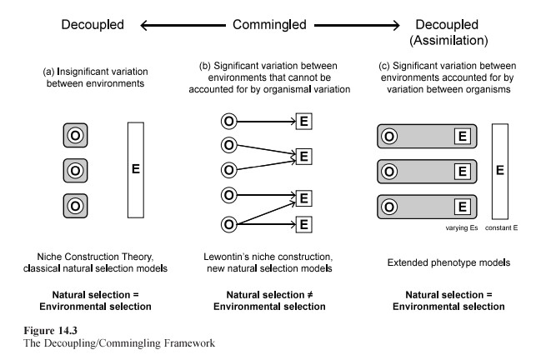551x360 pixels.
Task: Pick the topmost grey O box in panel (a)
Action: [x=75, y=135]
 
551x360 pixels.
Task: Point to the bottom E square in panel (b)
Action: [x=306, y=224]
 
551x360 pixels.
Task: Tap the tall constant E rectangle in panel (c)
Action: [x=500, y=170]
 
